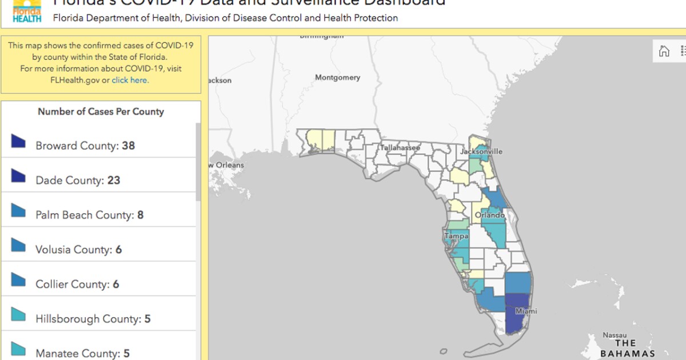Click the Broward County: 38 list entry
click(85, 146)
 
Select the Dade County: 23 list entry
click(78, 181)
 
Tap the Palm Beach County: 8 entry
click(89, 215)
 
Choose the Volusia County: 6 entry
click(78, 250)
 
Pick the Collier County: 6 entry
click(77, 285)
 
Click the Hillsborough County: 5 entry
click(93, 319)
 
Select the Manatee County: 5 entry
click(82, 353)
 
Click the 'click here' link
click(130, 81)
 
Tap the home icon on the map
click(664, 51)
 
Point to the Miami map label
click(526, 311)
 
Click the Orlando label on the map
click(489, 215)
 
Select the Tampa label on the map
click(457, 236)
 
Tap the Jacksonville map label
click(481, 151)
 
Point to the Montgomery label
click(338, 78)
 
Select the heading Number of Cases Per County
click(101, 112)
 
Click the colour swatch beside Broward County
click(19, 141)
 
